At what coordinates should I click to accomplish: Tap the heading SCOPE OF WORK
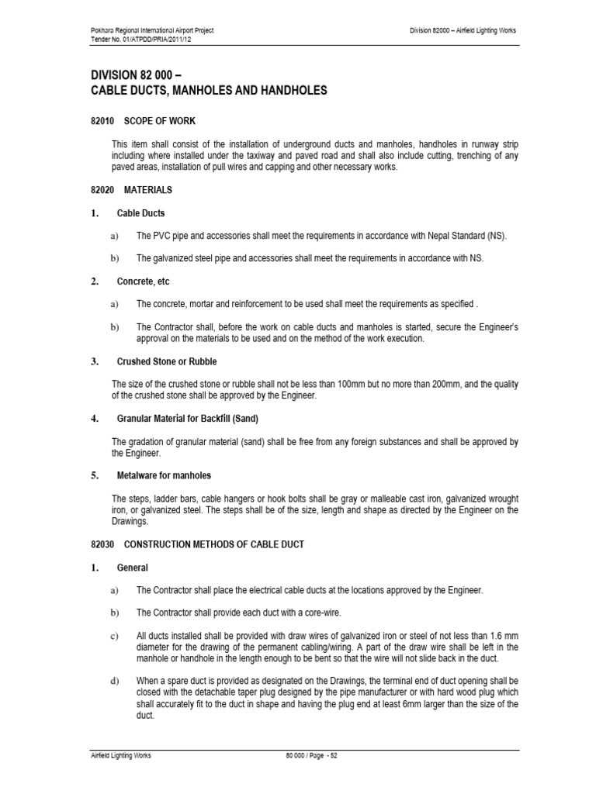[160, 122]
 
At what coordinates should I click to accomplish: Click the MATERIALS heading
[148, 189]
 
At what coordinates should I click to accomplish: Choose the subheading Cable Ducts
[140, 213]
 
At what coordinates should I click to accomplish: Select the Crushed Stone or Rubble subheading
[167, 361]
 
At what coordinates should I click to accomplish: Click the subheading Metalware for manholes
[164, 475]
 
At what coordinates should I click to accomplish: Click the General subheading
[132, 568]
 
